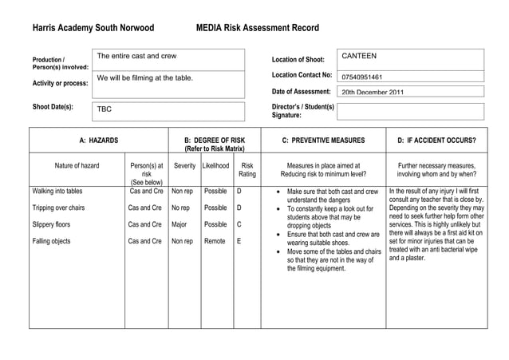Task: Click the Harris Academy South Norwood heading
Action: point(93,28)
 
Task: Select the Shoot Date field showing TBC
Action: point(167,111)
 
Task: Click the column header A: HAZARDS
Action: point(99,140)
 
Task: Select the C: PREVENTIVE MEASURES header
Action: point(323,140)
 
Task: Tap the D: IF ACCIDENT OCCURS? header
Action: point(436,140)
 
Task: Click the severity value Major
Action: point(180,224)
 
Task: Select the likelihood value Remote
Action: point(215,240)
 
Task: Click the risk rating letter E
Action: point(239,240)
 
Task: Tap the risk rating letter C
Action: point(239,224)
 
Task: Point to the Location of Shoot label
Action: point(298,60)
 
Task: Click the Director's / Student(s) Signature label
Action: point(302,110)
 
